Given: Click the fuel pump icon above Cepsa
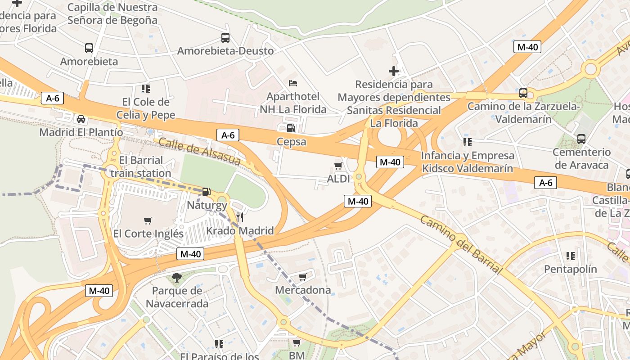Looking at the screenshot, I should (291, 128).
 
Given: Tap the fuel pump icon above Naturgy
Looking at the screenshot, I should (206, 192).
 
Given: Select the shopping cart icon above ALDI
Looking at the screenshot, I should (338, 166).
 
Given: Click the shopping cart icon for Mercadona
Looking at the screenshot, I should (303, 277).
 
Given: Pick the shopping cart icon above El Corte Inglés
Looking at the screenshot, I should (148, 220).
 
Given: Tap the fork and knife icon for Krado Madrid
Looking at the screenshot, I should (240, 217).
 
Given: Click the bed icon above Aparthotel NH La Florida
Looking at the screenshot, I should (293, 83).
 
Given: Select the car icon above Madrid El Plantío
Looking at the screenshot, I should (81, 119).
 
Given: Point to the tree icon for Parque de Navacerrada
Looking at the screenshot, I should (177, 278).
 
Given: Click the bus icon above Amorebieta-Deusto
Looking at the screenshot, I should (225, 38).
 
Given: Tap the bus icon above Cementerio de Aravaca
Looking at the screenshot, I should (581, 139).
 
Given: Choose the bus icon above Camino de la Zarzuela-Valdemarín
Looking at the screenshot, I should (523, 93).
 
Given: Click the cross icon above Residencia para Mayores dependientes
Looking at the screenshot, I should (394, 71).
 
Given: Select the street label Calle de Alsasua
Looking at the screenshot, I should (200, 152).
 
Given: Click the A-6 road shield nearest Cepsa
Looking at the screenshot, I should (228, 135).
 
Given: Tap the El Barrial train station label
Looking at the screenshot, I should (141, 166).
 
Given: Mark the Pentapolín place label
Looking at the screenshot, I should (571, 269).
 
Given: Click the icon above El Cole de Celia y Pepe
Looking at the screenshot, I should (145, 89).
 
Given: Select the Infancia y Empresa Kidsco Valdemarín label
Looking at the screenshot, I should (467, 162).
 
